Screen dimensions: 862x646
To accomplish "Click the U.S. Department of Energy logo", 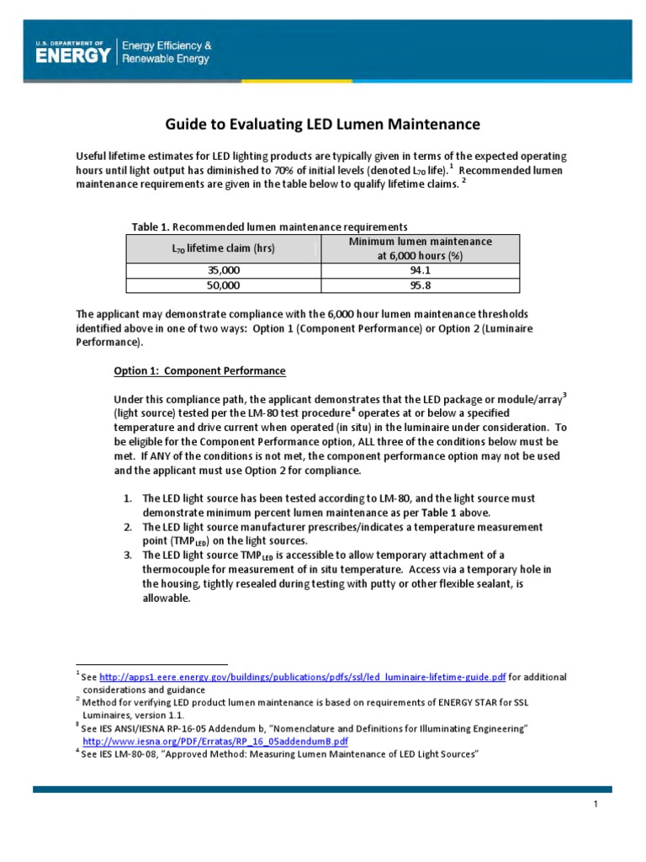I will [73, 52].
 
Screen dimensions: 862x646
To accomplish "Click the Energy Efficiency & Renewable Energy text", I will [167, 52].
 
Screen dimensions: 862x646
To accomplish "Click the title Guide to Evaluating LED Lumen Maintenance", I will [321, 125].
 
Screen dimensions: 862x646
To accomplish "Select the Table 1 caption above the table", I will [269, 226].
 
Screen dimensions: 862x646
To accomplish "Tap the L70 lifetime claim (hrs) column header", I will [221, 248].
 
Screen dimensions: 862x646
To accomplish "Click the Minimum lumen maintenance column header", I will [420, 248].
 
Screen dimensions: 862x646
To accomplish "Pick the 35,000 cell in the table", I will [223, 270].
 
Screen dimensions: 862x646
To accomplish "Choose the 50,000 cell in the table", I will [223, 285].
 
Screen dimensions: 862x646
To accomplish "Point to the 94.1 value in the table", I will [420, 270].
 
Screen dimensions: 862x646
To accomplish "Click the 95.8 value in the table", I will [420, 285].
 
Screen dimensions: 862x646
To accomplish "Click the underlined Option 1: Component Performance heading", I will [199, 370].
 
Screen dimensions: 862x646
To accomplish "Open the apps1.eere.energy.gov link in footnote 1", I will [303, 677].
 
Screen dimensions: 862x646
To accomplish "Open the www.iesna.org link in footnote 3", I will [214, 742].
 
